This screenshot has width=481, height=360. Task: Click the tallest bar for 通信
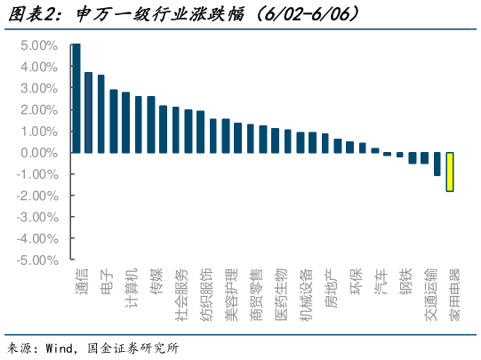pos(76,98)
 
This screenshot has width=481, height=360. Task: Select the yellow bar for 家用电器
pos(451,172)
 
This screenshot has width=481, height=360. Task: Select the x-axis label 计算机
pos(132,286)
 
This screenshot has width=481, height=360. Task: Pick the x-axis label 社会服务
pos(181,292)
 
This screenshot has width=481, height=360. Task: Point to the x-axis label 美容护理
pos(231,292)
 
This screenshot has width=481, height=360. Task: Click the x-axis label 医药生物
pos(281,292)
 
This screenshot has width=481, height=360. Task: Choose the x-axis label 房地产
pos(331,286)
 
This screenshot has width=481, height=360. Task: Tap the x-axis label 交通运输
pos(430,292)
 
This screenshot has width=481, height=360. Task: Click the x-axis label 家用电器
pos(455,292)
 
